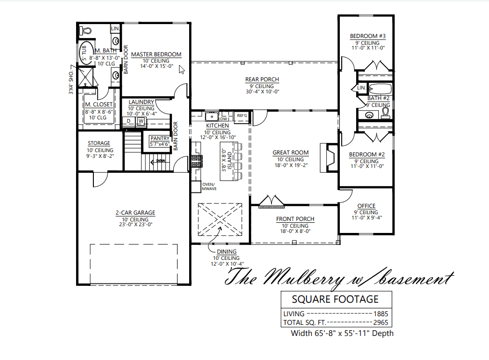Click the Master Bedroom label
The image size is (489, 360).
pyautogui.click(x=156, y=54)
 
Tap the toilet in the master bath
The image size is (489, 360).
pyautogui.click(x=86, y=30)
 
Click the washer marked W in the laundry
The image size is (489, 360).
pyautogui.click(x=141, y=121)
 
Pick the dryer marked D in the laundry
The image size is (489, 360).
pyautogui.click(x=129, y=121)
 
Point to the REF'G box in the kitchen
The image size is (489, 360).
pyautogui.click(x=242, y=116)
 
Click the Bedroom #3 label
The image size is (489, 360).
pyautogui.click(x=367, y=36)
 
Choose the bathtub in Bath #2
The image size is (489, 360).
pyautogui.click(x=380, y=89)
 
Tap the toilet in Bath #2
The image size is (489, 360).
pyautogui.click(x=385, y=113)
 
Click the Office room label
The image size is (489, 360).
pyautogui.click(x=366, y=206)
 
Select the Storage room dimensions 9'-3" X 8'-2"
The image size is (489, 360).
pyautogui.click(x=99, y=156)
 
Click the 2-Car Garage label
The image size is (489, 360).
pyautogui.click(x=135, y=213)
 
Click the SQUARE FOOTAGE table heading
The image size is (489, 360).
pyautogui.click(x=335, y=299)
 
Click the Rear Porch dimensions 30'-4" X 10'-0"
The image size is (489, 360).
pyautogui.click(x=262, y=91)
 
